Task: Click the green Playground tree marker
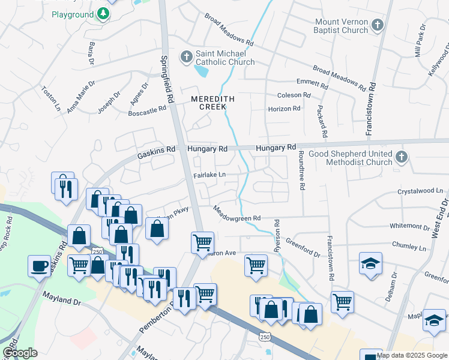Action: pyautogui.click(x=104, y=13)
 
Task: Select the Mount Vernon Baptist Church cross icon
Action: pyautogui.click(x=377, y=25)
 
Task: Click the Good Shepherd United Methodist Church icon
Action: pyautogui.click(x=402, y=158)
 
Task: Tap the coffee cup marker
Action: pyautogui.click(x=40, y=265)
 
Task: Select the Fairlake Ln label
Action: pyautogui.click(x=209, y=175)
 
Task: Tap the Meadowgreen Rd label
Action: pyautogui.click(x=238, y=214)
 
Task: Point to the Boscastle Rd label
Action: pyautogui.click(x=148, y=110)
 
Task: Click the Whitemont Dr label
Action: pyautogui.click(x=410, y=226)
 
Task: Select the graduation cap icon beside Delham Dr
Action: pyautogui.click(x=371, y=264)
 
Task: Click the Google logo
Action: pyautogui.click(x=20, y=353)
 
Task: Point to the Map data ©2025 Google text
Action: pyautogui.click(x=412, y=355)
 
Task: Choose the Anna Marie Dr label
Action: pyautogui.click(x=82, y=97)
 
